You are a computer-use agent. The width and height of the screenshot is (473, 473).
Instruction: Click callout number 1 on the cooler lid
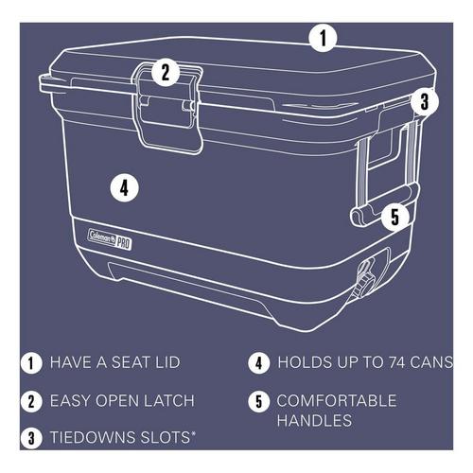pos(324,38)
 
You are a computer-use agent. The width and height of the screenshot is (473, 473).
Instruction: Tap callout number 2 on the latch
pos(165,71)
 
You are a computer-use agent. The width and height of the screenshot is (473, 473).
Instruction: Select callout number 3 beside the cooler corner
pos(425,100)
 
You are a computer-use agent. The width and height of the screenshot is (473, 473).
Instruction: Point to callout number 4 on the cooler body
pos(124,185)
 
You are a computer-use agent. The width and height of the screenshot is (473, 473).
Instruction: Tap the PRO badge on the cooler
pos(123,241)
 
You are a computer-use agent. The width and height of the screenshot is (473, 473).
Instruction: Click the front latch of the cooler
pos(169,104)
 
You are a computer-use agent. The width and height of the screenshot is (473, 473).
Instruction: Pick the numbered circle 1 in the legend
pos(33,362)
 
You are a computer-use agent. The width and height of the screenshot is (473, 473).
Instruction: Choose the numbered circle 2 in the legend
pos(33,400)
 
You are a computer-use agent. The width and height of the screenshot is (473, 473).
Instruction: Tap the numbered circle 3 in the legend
pos(33,438)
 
